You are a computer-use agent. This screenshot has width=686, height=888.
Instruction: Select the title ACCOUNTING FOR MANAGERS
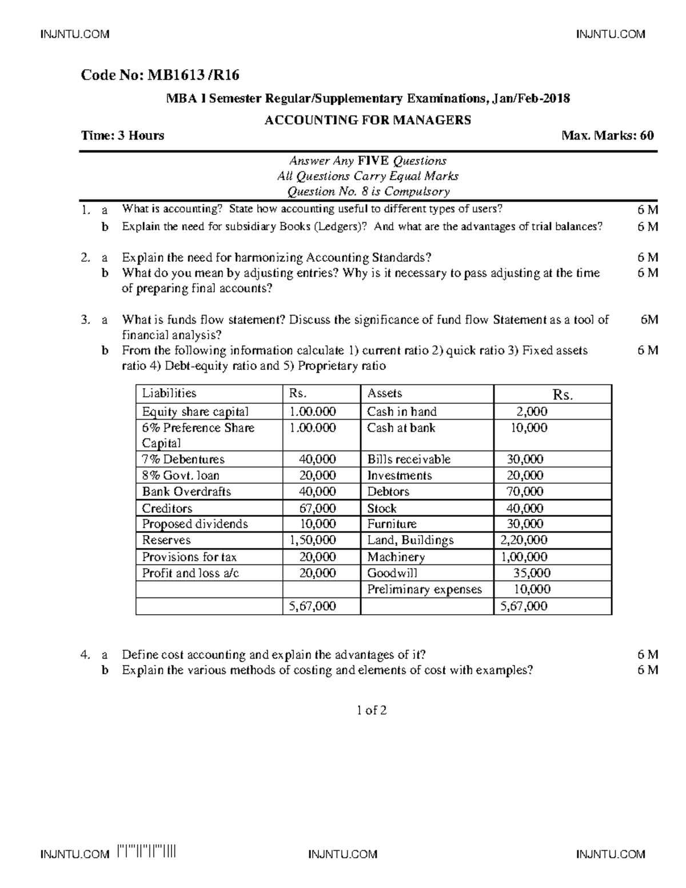(368, 120)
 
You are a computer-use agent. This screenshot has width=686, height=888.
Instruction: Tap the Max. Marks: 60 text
(608, 136)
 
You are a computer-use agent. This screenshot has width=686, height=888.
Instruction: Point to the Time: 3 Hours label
(123, 136)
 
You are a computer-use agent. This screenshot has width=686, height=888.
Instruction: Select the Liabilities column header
(169, 393)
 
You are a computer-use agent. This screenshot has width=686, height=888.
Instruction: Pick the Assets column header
(385, 393)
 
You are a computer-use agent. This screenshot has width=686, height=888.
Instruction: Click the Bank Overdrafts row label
(186, 492)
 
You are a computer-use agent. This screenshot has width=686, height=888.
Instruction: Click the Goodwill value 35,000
(532, 573)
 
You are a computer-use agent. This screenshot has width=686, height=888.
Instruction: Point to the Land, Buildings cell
(410, 540)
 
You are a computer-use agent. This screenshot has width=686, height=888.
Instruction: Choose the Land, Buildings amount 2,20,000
(524, 540)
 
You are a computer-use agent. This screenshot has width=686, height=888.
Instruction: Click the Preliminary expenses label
(425, 590)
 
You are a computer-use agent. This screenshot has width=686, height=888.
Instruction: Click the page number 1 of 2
(372, 710)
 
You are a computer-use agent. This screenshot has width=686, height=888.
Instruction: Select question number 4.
(85, 655)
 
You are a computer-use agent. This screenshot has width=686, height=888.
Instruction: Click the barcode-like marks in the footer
(146, 853)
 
